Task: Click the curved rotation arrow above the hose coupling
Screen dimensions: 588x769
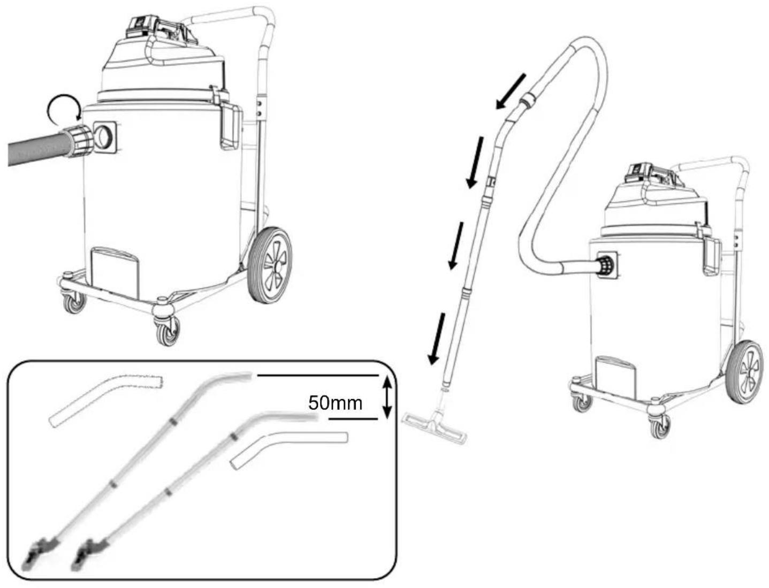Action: tap(63, 110)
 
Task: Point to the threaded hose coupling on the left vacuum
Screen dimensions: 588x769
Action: tap(78, 141)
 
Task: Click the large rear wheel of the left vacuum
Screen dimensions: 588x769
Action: tap(270, 265)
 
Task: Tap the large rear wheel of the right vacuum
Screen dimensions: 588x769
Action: tap(744, 371)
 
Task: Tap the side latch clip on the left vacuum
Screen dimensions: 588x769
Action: tap(231, 126)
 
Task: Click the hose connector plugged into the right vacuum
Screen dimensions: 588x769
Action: tap(604, 265)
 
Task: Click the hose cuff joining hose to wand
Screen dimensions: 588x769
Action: tap(528, 99)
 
